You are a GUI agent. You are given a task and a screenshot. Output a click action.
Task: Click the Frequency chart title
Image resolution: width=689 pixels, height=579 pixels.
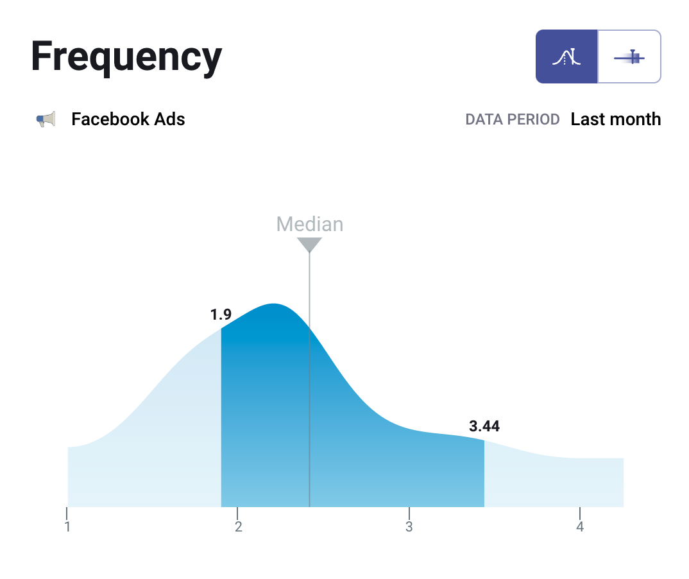tap(126, 56)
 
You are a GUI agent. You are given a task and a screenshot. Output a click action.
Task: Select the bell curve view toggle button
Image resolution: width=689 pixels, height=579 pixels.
tap(566, 56)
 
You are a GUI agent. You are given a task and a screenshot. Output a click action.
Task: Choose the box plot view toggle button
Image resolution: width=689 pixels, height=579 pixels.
tap(629, 56)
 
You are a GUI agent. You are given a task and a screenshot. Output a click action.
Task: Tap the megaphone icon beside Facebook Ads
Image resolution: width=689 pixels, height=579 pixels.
tap(46, 119)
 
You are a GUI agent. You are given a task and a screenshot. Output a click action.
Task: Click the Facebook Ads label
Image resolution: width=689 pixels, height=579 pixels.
tap(128, 119)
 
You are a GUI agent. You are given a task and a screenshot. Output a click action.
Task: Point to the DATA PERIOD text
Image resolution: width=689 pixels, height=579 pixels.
tap(512, 120)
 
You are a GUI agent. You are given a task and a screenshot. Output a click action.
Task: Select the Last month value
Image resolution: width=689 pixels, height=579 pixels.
tap(615, 119)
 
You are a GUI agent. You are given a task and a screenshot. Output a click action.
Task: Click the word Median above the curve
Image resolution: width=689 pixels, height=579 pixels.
tap(309, 224)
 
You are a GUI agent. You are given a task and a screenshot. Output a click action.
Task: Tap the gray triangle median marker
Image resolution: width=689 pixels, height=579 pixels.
tap(309, 245)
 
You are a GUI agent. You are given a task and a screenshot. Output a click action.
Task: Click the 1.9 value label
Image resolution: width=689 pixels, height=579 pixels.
tap(221, 315)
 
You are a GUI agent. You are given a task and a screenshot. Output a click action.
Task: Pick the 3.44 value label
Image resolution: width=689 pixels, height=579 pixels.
tap(484, 426)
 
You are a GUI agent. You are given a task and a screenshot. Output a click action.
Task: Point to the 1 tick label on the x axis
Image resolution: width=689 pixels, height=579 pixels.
tap(67, 527)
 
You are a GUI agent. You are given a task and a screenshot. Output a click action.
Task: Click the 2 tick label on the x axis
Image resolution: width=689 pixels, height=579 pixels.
tap(238, 527)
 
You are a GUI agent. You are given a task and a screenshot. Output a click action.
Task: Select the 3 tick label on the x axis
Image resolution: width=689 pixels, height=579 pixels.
tap(409, 527)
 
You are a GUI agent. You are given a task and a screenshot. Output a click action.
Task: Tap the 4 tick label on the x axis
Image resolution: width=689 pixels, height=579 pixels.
tap(580, 527)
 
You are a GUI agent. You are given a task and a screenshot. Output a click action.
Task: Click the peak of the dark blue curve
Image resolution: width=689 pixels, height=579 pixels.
tap(274, 305)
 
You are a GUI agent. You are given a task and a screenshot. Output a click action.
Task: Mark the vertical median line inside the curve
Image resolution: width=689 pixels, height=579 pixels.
tap(309, 417)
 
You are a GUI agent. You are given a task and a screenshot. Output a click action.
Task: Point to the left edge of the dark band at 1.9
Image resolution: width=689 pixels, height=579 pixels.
tap(222, 417)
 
